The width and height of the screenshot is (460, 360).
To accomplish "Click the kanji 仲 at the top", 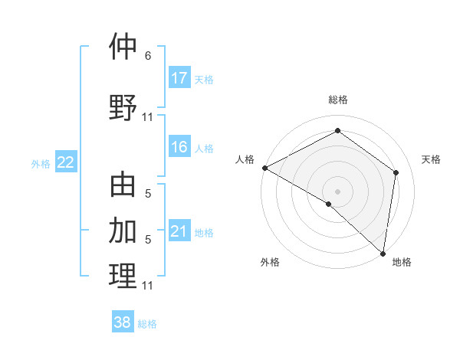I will click(x=123, y=47).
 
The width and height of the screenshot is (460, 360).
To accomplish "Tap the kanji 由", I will click(x=123, y=186).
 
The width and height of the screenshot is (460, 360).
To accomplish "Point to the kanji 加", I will click(x=123, y=230).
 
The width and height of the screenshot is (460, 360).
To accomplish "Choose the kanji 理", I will click(x=123, y=276).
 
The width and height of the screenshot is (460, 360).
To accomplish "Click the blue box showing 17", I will click(x=179, y=78).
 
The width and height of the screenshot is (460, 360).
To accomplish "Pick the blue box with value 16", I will click(x=179, y=148).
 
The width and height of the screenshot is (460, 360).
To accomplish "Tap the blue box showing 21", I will click(x=179, y=231).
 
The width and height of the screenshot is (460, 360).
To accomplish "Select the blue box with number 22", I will click(x=66, y=162).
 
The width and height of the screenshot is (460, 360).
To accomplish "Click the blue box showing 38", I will click(x=123, y=322).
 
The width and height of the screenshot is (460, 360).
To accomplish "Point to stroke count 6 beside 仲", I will click(x=148, y=56).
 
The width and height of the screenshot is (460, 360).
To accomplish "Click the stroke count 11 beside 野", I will click(x=148, y=117).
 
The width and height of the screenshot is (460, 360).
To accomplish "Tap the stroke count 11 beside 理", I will click(x=148, y=286).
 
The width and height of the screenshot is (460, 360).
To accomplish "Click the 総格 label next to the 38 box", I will click(x=147, y=324).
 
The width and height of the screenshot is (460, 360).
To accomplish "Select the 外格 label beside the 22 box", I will click(x=41, y=163).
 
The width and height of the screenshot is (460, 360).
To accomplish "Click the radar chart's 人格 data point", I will click(x=264, y=168).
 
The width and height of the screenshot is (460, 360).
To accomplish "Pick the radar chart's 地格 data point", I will click(x=382, y=254).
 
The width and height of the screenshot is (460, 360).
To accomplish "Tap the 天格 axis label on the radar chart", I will click(x=431, y=159).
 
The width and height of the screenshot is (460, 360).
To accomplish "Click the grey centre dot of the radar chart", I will click(x=337, y=191).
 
